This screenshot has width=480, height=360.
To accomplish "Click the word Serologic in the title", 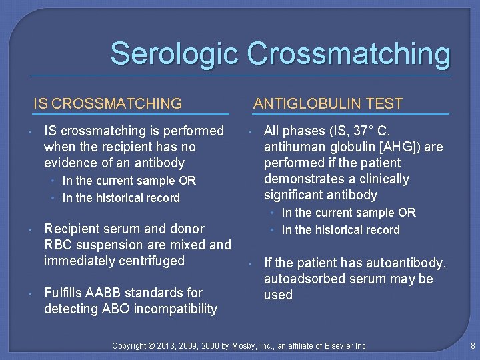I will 173,54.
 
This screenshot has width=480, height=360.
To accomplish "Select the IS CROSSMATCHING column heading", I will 108,103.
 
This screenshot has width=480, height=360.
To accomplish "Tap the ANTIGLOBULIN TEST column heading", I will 328,103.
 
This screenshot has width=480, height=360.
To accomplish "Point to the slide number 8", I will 472,346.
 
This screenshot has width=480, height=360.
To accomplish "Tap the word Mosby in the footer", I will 247,346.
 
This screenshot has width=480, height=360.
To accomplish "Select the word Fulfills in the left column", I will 65,293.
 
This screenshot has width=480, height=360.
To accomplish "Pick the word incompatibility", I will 176,309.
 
